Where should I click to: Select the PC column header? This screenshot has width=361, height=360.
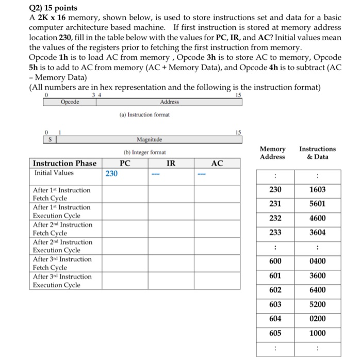coord(124,163)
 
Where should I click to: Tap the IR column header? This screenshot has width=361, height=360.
coord(171,163)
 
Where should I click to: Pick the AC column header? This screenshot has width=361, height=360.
coord(217,163)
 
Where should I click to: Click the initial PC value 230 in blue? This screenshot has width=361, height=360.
coord(111,174)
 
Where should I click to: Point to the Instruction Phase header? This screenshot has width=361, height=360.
coord(64,163)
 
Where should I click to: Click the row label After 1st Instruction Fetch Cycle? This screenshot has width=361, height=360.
coord(61,194)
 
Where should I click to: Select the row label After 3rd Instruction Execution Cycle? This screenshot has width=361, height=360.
coord(62,281)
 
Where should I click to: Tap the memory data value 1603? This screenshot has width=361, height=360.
coord(317,190)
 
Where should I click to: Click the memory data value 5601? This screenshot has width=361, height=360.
coord(317,204)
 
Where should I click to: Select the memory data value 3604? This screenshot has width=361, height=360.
coord(317,233)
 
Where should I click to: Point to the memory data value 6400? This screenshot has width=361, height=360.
coord(317,290)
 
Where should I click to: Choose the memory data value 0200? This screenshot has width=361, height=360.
coord(317,318)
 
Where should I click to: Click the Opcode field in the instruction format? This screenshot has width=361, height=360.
coord(70,102)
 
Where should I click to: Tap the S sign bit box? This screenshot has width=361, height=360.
coord(48,139)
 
